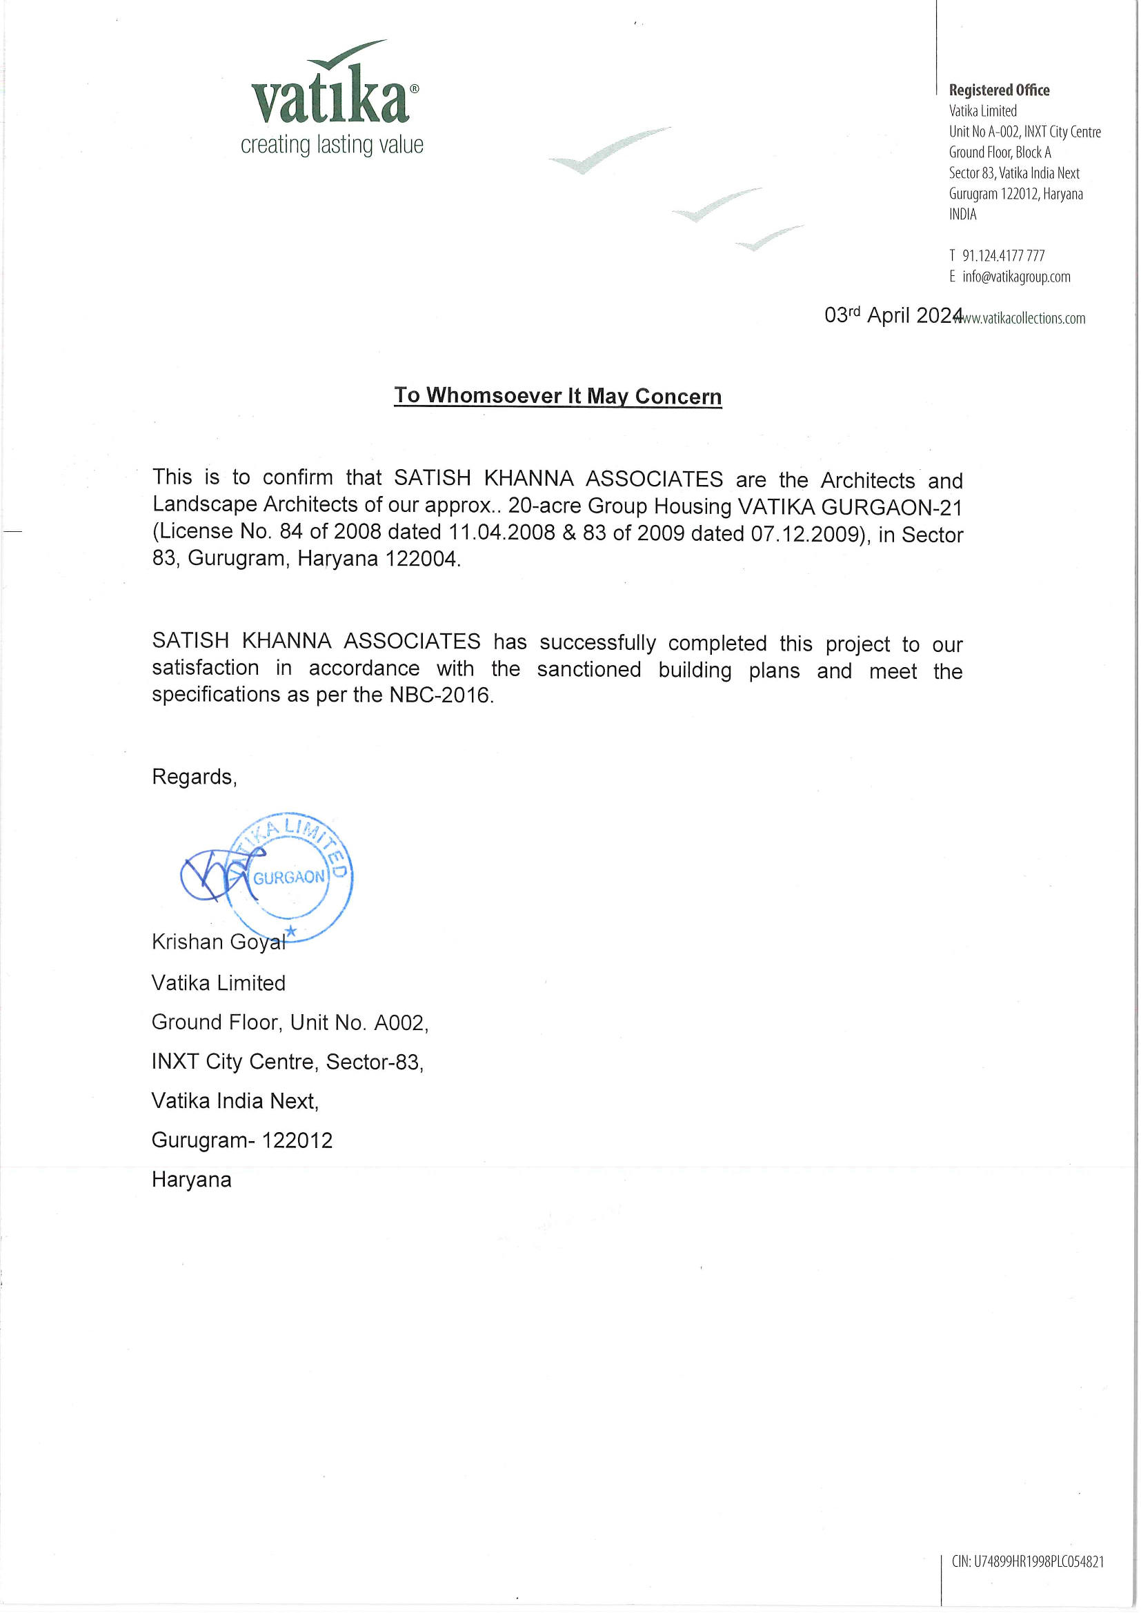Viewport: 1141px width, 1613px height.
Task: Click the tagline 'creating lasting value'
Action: (332, 145)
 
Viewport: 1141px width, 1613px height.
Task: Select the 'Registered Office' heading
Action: (998, 90)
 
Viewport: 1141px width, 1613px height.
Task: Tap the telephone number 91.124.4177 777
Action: (1002, 256)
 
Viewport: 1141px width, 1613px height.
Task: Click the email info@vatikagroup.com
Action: (1016, 277)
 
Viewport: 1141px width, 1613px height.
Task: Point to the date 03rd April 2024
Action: (892, 315)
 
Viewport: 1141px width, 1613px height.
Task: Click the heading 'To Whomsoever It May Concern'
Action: (557, 395)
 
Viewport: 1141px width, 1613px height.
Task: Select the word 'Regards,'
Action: (194, 776)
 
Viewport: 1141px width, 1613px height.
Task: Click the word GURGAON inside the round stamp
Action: (289, 878)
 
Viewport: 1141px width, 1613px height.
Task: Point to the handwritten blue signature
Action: (215, 875)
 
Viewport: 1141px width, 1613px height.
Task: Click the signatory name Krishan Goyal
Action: (219, 942)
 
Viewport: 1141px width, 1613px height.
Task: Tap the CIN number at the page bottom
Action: (1027, 1562)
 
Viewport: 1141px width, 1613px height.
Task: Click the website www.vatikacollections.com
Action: (1024, 318)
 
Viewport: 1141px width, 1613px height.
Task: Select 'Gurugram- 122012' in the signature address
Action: (241, 1140)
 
